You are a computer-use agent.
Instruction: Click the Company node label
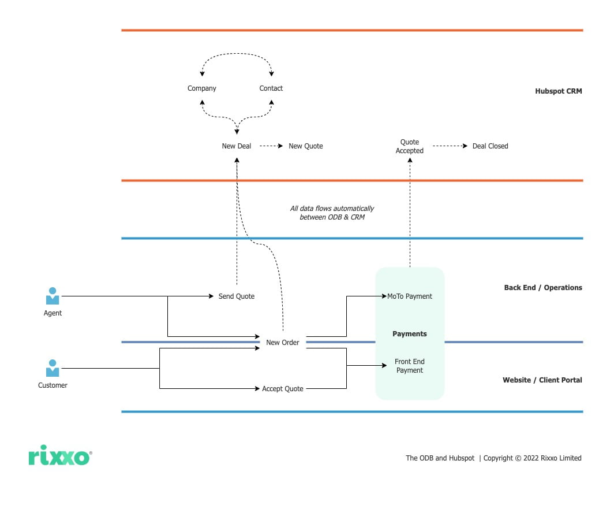[x=202, y=88]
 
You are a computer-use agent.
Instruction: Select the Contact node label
[x=271, y=88]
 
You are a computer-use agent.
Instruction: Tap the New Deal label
[x=237, y=146]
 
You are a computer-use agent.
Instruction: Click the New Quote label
[x=306, y=146]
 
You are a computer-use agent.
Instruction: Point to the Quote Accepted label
[x=410, y=146]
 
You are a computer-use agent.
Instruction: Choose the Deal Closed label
[x=490, y=146]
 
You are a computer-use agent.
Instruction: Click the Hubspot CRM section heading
[x=558, y=91]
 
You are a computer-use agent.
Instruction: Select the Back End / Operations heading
[x=543, y=288]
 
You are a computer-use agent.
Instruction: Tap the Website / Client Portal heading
[x=542, y=380]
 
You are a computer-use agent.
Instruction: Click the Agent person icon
[x=53, y=296]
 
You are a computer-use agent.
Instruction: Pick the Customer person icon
[x=53, y=368]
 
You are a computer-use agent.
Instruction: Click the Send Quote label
[x=237, y=296]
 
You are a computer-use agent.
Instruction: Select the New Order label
[x=283, y=343]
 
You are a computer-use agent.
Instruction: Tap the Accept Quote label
[x=283, y=389]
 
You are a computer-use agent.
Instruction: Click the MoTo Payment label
[x=410, y=296]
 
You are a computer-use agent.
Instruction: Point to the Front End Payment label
[x=410, y=366]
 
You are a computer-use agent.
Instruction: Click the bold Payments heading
[x=410, y=334]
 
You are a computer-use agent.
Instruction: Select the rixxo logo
[x=59, y=458]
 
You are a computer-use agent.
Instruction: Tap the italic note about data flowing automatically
[x=332, y=213]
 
